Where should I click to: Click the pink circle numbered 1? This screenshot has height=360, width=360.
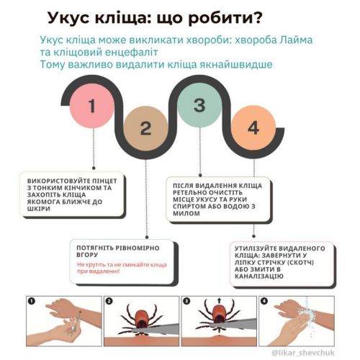point(91,106)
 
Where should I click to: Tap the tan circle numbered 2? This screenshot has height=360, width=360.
point(145,128)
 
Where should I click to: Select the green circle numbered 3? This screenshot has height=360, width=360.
point(199,105)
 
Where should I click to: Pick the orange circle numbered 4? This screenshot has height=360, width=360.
point(253,127)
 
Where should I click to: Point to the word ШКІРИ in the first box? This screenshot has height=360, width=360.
point(39,209)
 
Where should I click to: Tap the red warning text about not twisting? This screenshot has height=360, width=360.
point(122,268)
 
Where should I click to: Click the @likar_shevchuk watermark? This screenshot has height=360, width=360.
point(303,353)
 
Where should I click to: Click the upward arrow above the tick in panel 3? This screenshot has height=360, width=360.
point(219,300)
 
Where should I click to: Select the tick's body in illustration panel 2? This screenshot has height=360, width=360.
point(142,319)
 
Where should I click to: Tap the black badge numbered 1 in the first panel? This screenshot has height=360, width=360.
point(32,301)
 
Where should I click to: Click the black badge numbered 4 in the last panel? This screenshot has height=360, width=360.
point(264,301)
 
